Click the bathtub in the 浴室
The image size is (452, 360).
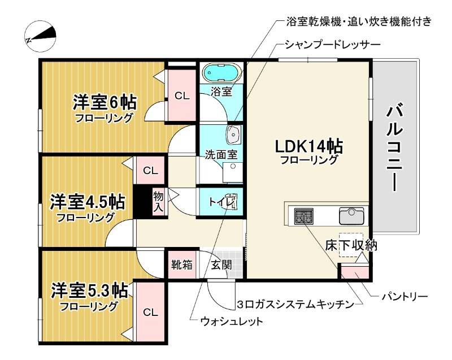pos(221,73)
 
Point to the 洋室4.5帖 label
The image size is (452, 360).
pos(88,202)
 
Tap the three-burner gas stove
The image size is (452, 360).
pos(304,215)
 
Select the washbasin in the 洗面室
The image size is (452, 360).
pos(233,136)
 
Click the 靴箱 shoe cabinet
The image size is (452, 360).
pos(181,264)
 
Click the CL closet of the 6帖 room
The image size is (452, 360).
pos(182,95)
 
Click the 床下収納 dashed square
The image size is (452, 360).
pos(351,246)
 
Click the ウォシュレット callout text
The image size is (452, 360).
pos(232,322)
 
